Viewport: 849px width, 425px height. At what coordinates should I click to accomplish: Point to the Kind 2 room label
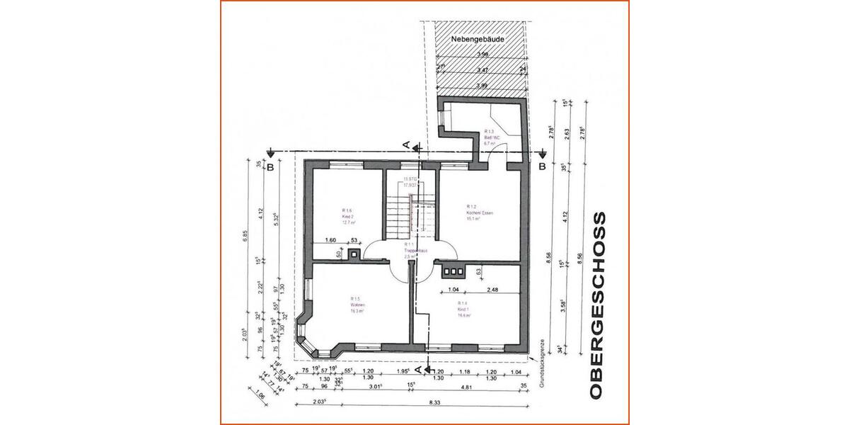pos(348,216)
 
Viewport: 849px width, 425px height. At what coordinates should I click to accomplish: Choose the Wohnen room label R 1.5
pos(356,305)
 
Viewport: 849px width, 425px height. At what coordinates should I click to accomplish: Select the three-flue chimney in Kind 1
pos(451,270)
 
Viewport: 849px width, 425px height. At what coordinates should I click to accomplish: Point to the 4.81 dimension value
pos(466,387)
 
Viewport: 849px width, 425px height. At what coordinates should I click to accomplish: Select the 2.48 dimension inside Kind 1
pos(492,290)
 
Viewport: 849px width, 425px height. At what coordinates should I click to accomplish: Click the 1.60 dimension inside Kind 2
pos(330,240)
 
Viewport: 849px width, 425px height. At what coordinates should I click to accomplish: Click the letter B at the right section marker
pos(542,167)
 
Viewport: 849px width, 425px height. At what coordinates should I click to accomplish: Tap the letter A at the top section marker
pos(406,144)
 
